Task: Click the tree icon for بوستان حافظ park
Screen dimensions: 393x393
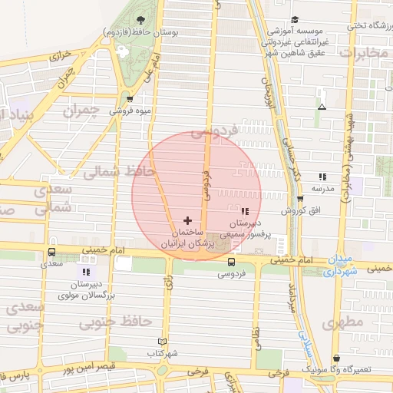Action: pyautogui.click(x=140, y=21)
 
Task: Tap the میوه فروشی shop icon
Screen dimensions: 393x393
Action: pyautogui.click(x=129, y=99)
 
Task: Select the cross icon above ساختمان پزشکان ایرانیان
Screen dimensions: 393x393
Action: pyautogui.click(x=187, y=220)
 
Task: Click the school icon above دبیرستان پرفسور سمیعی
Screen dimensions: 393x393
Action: pyautogui.click(x=245, y=211)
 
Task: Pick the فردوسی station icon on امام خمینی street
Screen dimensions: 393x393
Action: pyautogui.click(x=231, y=262)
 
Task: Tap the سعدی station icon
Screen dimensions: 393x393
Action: pyautogui.click(x=51, y=252)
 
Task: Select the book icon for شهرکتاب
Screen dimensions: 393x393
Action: pyautogui.click(x=161, y=342)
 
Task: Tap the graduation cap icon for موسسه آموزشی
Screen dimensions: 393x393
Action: pyautogui.click(x=295, y=20)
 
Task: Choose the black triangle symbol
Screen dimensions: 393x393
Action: pyautogui.click(x=322, y=106)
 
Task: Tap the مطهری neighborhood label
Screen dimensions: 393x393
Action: pyautogui.click(x=342, y=322)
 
